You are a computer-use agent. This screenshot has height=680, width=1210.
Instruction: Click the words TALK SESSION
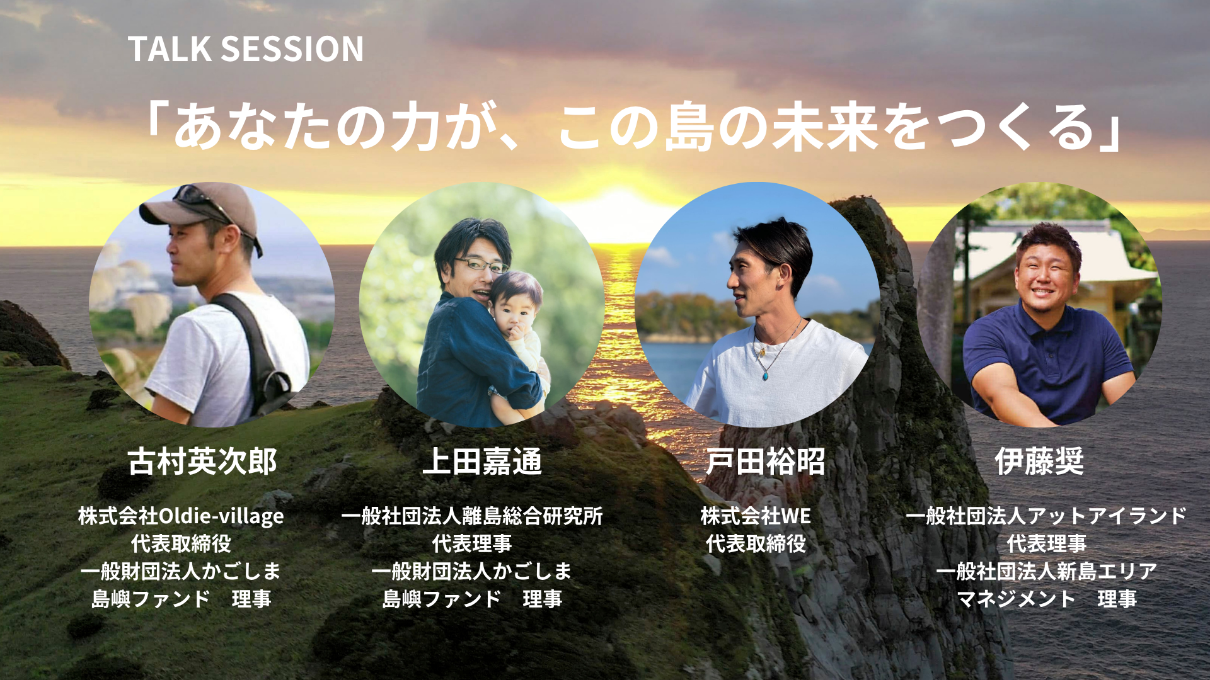[245, 49]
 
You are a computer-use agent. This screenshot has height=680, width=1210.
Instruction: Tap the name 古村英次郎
[202, 462]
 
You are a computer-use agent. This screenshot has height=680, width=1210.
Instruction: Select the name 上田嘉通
[482, 462]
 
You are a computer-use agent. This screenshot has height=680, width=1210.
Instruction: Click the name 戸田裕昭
[765, 462]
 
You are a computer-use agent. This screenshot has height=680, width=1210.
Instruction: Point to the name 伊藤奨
[1039, 462]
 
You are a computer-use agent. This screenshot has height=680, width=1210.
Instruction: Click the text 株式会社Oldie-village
[181, 516]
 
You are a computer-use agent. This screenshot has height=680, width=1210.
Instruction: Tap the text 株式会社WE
[756, 516]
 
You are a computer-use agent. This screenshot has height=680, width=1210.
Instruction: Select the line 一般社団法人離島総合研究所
[472, 516]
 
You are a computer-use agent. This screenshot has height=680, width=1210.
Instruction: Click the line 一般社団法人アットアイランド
[1046, 516]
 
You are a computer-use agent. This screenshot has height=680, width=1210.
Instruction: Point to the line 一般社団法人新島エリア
[1046, 571]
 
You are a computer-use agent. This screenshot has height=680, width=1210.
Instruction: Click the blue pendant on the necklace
[765, 376]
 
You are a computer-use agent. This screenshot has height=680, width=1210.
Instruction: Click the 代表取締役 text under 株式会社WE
[756, 543]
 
